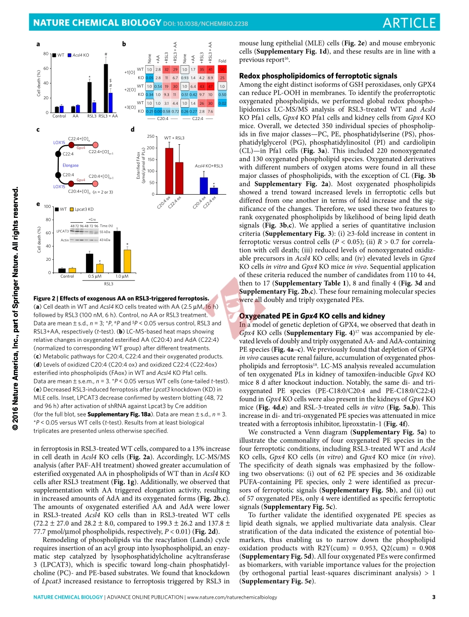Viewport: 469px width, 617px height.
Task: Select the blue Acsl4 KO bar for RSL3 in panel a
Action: [94, 108]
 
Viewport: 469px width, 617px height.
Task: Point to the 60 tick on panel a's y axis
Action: [45, 69]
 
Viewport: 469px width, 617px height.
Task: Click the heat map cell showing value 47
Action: [210, 86]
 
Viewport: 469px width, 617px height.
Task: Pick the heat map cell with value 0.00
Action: [158, 112]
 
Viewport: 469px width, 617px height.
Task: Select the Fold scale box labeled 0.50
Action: [222, 94]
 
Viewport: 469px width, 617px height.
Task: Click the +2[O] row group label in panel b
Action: [129, 90]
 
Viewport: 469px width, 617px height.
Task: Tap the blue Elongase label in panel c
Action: [71, 165]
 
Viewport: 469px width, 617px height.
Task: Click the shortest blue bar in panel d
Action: [213, 191]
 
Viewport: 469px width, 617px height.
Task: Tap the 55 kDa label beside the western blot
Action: [105, 232]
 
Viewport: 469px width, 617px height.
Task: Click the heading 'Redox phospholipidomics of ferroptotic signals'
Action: [318, 76]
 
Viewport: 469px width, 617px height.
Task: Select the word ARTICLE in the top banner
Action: [409, 23]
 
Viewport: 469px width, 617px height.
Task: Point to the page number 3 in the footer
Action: [433, 598]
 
